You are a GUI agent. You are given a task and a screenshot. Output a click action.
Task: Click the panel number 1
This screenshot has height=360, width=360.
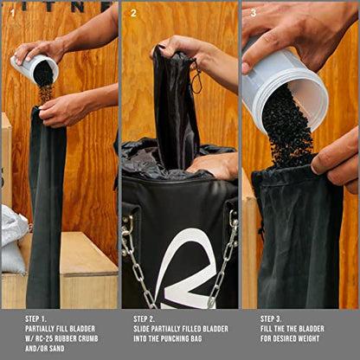(12, 13)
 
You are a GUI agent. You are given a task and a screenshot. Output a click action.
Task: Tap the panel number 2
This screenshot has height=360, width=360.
(133, 13)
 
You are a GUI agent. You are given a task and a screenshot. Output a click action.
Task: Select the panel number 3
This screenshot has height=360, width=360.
(254, 13)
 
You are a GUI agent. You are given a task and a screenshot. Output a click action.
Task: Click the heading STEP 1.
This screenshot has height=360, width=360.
(35, 319)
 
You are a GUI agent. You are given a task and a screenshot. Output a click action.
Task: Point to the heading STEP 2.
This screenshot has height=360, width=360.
(144, 319)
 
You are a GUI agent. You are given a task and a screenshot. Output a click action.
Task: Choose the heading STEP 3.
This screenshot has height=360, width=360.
(271, 319)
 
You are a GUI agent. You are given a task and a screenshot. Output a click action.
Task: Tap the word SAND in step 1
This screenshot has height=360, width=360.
(56, 348)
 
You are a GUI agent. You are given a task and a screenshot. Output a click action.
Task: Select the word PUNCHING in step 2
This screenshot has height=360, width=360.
(175, 338)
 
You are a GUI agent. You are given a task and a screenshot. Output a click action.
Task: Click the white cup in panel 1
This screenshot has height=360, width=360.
(35, 69)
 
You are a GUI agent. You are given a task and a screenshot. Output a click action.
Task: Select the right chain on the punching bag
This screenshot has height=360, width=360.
(223, 260)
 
